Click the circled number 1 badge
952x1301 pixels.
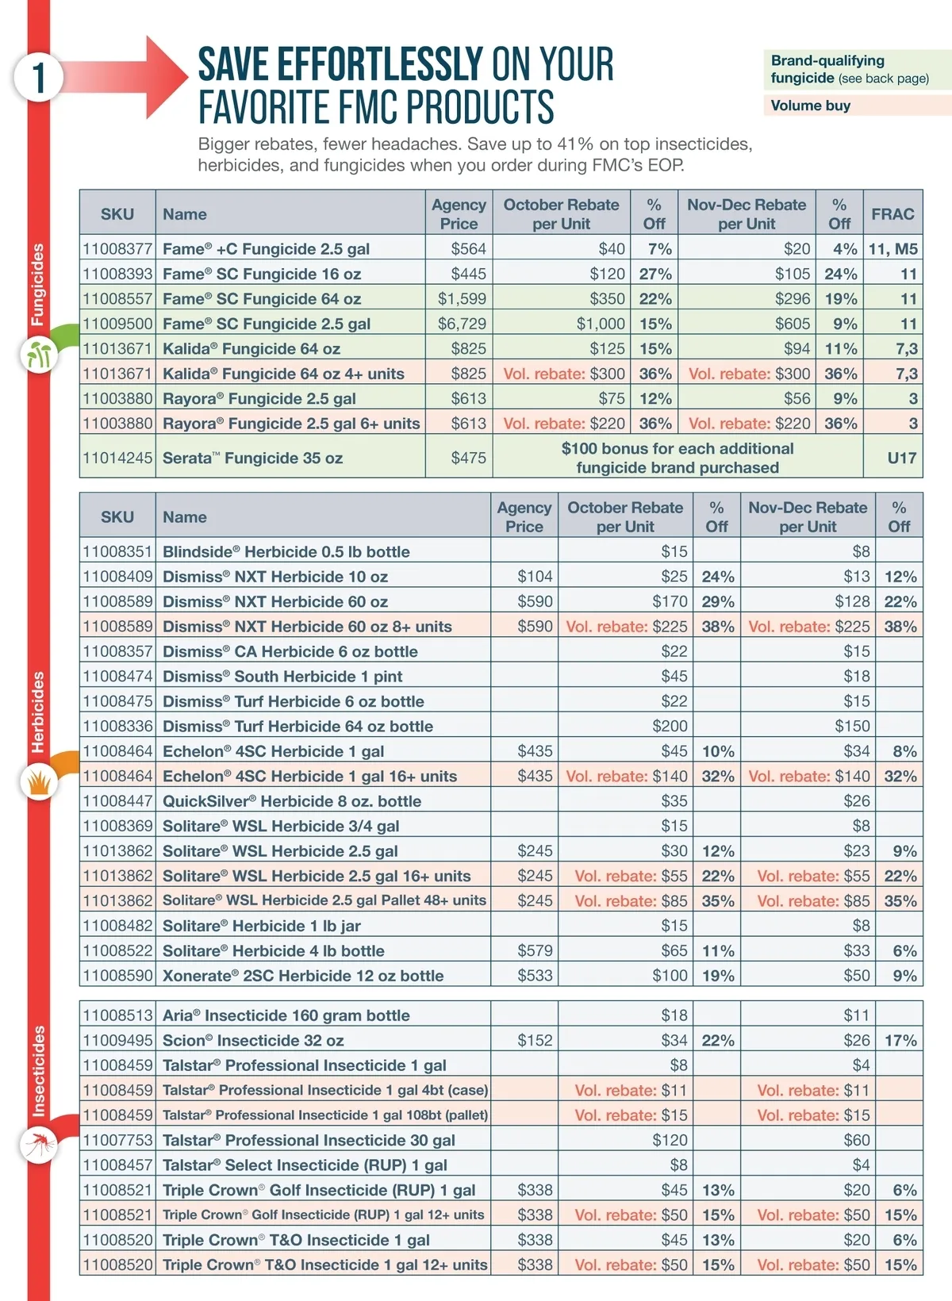[x=37, y=77]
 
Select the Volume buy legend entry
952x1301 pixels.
[x=810, y=106]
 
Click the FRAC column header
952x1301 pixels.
[x=892, y=213]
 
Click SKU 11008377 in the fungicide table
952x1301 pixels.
[x=117, y=249]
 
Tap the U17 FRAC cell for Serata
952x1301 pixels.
[x=901, y=458]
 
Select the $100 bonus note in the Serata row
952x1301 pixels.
[x=677, y=458]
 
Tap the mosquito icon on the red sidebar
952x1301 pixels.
[x=38, y=1144]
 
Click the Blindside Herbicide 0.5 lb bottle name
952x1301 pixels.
[x=286, y=551]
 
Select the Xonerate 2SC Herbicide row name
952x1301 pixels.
[x=302, y=976]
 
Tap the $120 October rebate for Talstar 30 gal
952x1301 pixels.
[x=670, y=1140]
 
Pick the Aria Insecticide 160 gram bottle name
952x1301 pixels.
[x=286, y=1015]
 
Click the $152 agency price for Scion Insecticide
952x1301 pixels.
[x=535, y=1040]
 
